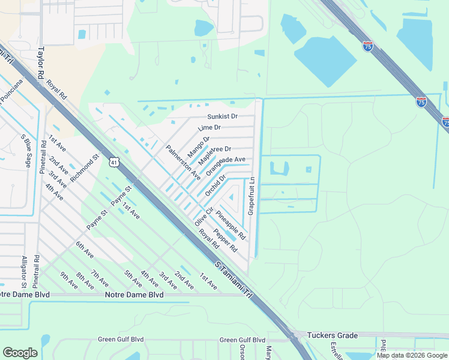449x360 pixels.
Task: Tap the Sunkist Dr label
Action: click(222, 116)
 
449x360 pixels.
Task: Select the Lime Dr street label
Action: click(209, 128)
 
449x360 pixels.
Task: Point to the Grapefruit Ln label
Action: click(253, 196)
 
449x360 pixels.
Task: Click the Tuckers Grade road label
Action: click(332, 335)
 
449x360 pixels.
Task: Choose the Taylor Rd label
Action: click(41, 61)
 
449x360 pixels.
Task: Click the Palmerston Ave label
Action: click(183, 162)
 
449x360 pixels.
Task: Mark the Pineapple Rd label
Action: click(231, 226)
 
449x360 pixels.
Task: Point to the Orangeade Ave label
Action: click(226, 166)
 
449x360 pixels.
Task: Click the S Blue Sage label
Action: click(25, 153)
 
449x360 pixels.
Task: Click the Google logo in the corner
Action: click(20, 353)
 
